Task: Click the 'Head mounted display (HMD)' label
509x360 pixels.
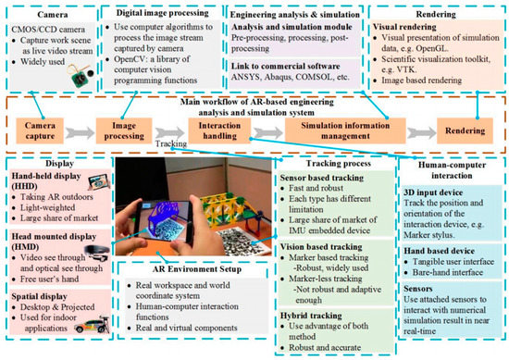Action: pyautogui.click(x=55, y=239)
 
